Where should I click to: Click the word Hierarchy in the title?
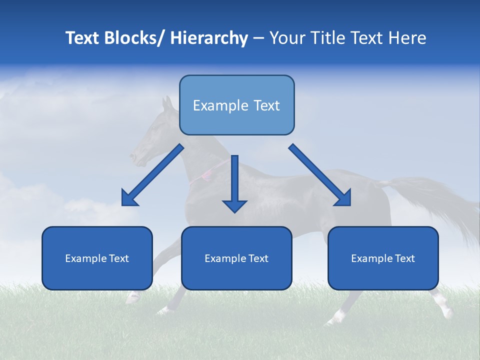(209, 38)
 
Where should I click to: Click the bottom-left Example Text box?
(97, 258)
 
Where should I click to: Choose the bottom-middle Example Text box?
(236, 258)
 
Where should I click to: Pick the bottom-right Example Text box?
(383, 258)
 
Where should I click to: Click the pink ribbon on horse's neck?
(205, 174)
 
